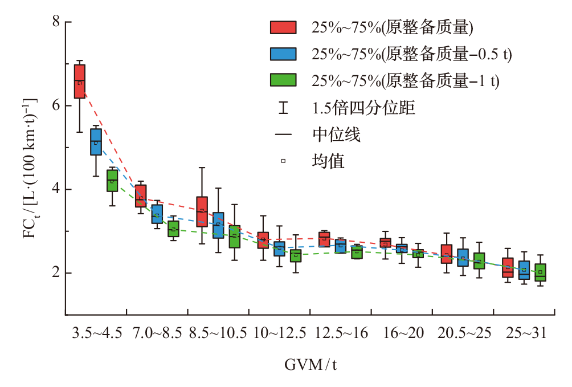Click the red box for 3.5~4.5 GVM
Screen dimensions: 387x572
click(x=80, y=82)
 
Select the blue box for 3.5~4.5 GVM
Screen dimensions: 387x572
click(x=96, y=142)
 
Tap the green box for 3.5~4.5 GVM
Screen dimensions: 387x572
click(x=112, y=181)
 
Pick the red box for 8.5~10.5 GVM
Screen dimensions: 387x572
click(x=202, y=211)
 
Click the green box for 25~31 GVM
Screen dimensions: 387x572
click(x=540, y=272)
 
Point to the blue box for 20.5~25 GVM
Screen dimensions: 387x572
click(x=463, y=258)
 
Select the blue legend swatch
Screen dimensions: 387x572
click(x=283, y=54)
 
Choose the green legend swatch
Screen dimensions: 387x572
click(x=283, y=80)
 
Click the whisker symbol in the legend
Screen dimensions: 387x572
click(x=283, y=108)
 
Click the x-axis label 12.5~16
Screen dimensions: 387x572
click(x=341, y=333)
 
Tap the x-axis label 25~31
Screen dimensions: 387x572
click(x=526, y=333)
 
